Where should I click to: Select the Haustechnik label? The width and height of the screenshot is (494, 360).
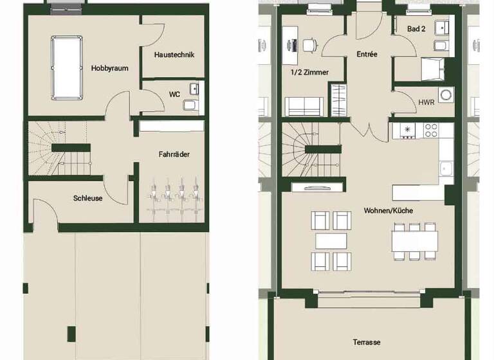coord(174,55)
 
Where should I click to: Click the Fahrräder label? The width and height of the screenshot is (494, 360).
coord(174,154)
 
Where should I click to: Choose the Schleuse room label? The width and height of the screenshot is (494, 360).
coord(87,199)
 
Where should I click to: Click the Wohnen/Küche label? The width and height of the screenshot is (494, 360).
coord(388,211)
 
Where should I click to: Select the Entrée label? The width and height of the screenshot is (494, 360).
coord(367,55)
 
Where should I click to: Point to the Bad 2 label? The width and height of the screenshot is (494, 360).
coord(416,29)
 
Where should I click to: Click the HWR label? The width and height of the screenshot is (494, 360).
coord(425,102)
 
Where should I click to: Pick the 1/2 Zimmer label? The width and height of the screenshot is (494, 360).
coord(310,73)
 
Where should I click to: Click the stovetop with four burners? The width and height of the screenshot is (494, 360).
coord(430,130)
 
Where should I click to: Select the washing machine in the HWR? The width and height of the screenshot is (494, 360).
coord(446,94)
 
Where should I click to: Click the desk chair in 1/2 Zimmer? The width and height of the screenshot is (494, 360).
coord(309,44)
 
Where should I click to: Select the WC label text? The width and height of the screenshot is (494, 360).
coord(174,94)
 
